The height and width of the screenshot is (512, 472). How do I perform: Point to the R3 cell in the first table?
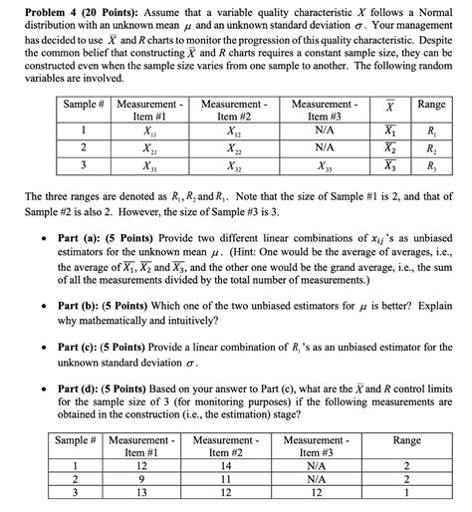(430, 166)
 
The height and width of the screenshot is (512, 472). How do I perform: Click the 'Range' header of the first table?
(430, 105)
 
